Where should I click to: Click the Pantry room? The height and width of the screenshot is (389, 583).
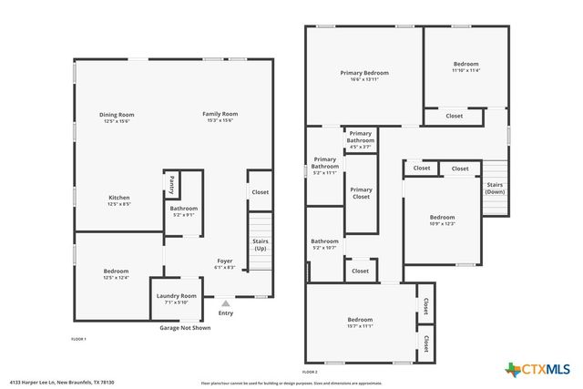(x=171, y=185)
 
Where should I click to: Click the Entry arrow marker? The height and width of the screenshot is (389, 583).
(x=225, y=302)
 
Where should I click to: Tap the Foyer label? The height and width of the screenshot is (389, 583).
(x=225, y=264)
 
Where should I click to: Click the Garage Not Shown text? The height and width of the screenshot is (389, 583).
(x=185, y=327)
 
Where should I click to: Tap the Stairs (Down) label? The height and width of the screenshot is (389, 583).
(x=495, y=189)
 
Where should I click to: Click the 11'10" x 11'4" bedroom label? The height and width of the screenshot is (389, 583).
(x=466, y=67)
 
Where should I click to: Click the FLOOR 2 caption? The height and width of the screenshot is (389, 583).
(x=310, y=372)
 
